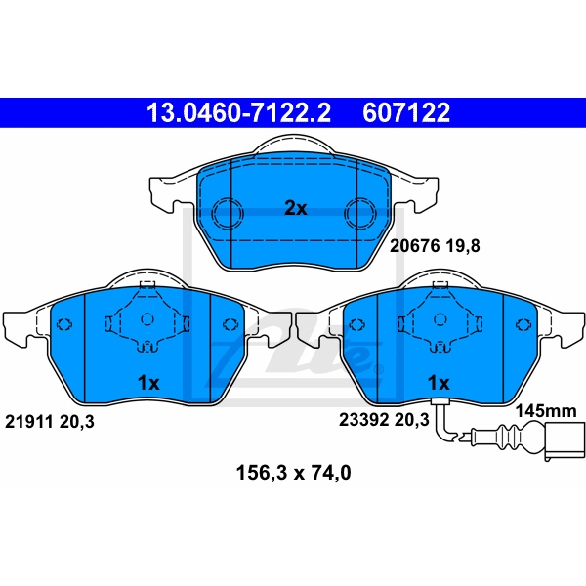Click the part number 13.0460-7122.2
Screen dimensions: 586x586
point(238,112)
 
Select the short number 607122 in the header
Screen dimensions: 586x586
point(406,112)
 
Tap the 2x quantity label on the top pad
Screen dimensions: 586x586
point(296,209)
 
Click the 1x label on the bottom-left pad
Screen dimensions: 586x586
point(148,383)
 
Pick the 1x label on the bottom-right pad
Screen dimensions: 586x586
point(439,383)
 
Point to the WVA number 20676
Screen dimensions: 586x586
point(414,246)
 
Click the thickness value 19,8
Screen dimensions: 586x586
point(463,246)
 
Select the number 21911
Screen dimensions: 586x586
point(28,422)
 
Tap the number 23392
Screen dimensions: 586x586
point(363,420)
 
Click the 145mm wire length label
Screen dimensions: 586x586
point(546,411)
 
